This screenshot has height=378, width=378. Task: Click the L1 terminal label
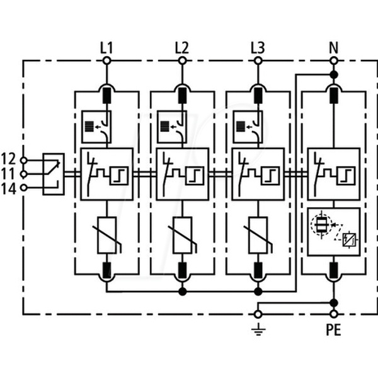pyautogui.click(x=106, y=48)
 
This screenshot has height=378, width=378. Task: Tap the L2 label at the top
pyautogui.click(x=182, y=48)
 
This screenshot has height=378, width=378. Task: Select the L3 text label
pyautogui.click(x=258, y=48)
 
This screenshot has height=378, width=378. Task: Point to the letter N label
pyautogui.click(x=334, y=48)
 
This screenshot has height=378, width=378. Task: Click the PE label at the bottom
pyautogui.click(x=334, y=329)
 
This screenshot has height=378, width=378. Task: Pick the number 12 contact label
pyautogui.click(x=8, y=159)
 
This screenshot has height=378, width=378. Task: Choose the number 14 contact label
pyautogui.click(x=8, y=189)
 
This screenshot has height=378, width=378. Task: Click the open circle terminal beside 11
pyautogui.click(x=23, y=174)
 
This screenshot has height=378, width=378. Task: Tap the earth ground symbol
pyautogui.click(x=258, y=329)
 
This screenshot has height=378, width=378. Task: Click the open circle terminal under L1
pyautogui.click(x=107, y=60)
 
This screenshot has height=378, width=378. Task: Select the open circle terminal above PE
pyautogui.click(x=334, y=314)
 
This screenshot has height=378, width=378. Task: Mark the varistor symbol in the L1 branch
pyautogui.click(x=107, y=236)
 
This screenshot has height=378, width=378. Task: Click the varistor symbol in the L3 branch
pyautogui.click(x=258, y=236)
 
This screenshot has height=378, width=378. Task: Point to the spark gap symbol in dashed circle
pyautogui.click(x=321, y=225)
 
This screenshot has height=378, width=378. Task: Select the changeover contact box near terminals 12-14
pyautogui.click(x=54, y=174)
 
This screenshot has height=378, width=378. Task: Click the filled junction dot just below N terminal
pyautogui.click(x=334, y=75)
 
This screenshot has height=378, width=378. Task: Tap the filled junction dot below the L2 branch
pyautogui.click(x=183, y=292)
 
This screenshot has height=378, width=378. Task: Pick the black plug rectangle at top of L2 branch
pyautogui.click(x=183, y=96)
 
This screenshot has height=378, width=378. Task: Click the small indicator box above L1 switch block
pyautogui.click(x=96, y=127)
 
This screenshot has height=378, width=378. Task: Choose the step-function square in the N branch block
pyautogui.click(x=346, y=176)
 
